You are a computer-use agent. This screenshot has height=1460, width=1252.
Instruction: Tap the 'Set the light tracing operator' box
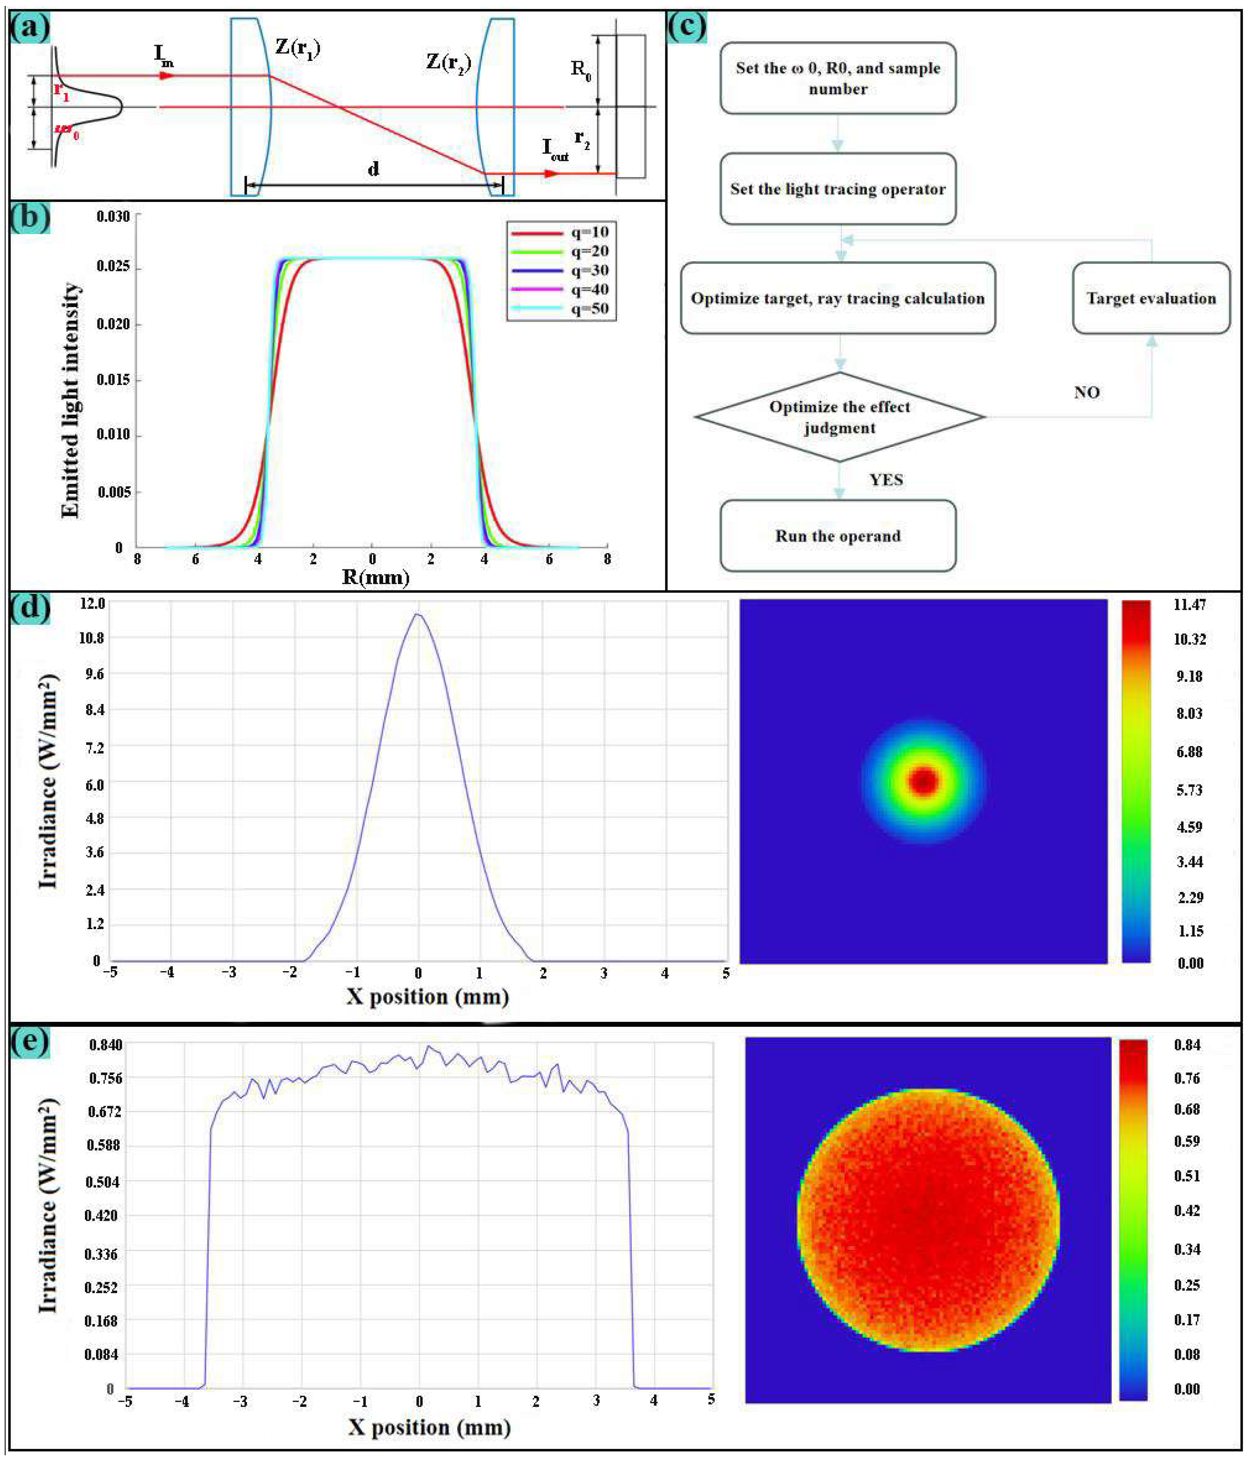point(838,189)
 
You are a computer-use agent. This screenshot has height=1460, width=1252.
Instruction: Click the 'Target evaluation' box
point(1150,298)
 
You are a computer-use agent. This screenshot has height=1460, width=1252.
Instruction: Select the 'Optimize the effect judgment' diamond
point(839,417)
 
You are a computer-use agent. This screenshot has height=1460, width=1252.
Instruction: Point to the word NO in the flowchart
point(1086,392)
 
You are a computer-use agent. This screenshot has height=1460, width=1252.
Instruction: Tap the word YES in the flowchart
point(885,480)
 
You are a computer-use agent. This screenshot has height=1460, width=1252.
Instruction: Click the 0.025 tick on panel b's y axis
point(113,266)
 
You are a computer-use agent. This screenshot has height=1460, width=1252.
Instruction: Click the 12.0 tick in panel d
point(92,604)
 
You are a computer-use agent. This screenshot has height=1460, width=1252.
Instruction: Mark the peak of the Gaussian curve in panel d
point(418,614)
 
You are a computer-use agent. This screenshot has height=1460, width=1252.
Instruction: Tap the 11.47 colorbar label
point(1189,605)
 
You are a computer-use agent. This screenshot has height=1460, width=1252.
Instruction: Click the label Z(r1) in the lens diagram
point(298,48)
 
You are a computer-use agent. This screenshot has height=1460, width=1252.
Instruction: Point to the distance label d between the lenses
point(373,169)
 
